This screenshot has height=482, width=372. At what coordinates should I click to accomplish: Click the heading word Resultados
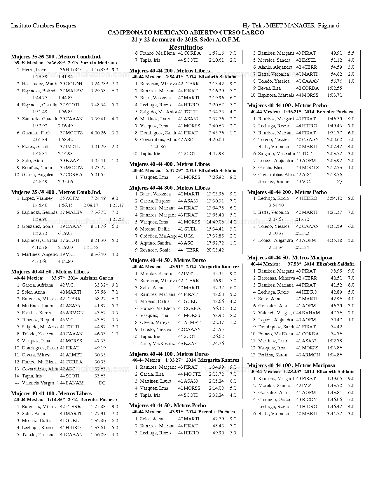click(x=186, y=47)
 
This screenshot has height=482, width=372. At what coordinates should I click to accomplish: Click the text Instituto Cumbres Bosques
click(x=43, y=25)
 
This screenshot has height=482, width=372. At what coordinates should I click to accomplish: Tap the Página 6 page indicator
click(x=329, y=25)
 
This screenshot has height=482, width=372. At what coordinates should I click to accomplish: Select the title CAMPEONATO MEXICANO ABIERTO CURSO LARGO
click(x=186, y=32)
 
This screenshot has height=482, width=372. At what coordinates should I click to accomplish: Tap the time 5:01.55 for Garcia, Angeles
click(x=98, y=175)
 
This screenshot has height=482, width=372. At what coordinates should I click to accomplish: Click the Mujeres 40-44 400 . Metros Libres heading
click(x=170, y=164)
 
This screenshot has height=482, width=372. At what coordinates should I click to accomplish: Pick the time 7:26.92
click(x=216, y=177)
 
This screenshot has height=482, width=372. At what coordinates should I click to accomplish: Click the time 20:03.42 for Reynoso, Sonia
click(x=215, y=250)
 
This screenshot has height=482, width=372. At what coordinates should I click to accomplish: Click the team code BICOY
click(x=309, y=400)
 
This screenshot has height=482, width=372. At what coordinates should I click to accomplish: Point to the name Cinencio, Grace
click(x=274, y=400)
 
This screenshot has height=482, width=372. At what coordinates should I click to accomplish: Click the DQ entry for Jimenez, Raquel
click(x=338, y=182)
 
